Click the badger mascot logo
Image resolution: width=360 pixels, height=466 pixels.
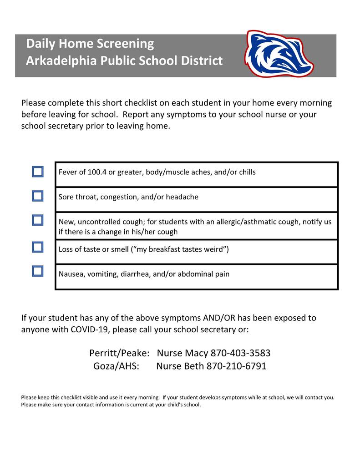(279, 53)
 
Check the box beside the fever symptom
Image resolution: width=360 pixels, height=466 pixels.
(38, 172)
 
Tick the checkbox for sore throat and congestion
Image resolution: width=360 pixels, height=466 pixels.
(38, 196)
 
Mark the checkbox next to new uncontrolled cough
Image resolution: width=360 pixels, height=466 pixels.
(38, 220)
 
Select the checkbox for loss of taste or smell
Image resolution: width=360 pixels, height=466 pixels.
(38, 247)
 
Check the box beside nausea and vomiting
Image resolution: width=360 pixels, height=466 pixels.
(38, 271)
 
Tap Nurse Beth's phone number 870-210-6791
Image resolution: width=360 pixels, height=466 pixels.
(237, 366)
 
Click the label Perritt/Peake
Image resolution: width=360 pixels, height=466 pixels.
(119, 353)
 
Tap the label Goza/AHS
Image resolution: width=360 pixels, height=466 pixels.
(116, 366)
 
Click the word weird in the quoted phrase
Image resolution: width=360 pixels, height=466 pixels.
(214, 249)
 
